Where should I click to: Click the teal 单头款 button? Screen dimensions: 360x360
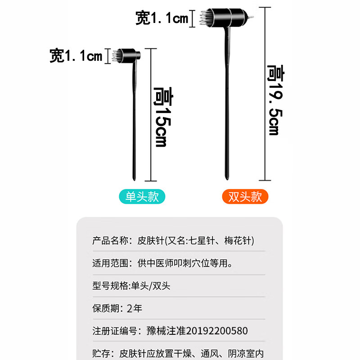[x=142, y=197]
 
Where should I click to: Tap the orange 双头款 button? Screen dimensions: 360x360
[x=245, y=197]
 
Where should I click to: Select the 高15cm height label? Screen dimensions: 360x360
[x=161, y=117]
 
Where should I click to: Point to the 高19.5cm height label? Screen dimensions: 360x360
[x=274, y=99]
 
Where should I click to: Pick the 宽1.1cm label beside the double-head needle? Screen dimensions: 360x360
[x=162, y=18]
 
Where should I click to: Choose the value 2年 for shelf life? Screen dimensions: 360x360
[x=135, y=308]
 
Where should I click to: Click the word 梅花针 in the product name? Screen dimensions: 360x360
[x=238, y=240]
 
